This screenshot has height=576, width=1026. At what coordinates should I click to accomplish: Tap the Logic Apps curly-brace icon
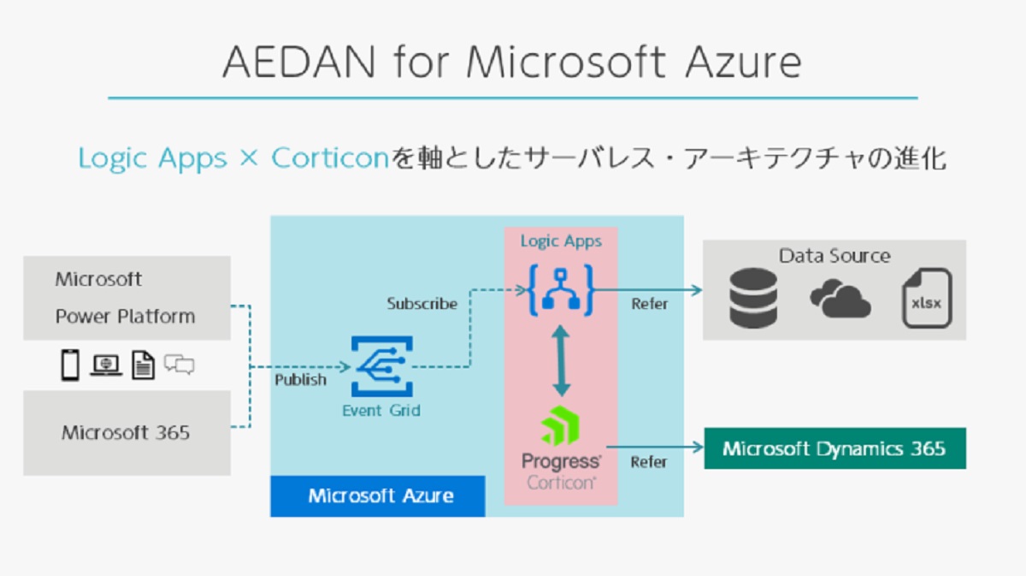[561, 289]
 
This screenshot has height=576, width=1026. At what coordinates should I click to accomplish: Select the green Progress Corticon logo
[561, 426]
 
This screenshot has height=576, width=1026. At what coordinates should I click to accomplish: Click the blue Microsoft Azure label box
[378, 496]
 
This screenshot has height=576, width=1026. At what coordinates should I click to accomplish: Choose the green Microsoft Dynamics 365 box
[834, 448]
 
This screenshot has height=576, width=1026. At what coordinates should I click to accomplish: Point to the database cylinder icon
[753, 299]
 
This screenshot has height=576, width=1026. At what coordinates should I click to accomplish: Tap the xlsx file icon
[926, 299]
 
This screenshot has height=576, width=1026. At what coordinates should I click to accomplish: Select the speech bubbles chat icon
[180, 365]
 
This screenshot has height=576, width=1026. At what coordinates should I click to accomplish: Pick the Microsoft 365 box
[127, 432]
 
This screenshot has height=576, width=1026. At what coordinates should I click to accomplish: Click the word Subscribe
[422, 304]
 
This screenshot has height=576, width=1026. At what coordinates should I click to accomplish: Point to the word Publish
[300, 379]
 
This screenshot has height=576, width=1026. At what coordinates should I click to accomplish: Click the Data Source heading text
[834, 256]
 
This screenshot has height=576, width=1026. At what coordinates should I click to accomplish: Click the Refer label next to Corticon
[648, 462]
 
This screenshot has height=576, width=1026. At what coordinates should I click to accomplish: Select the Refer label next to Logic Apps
[650, 304]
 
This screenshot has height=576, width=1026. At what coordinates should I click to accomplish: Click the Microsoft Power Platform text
[125, 298]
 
